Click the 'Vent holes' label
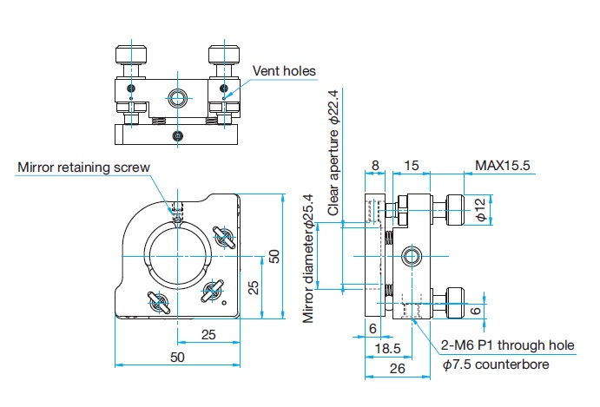click(x=284, y=71)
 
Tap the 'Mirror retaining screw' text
click(x=83, y=167)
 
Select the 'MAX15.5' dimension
click(x=502, y=165)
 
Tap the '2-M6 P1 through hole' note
click(x=507, y=345)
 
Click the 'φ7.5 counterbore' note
click(x=496, y=364)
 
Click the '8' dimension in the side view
click(x=375, y=165)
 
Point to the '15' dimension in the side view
click(x=412, y=165)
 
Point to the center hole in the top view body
click(x=178, y=96)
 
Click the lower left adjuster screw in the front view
click(x=158, y=303)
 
